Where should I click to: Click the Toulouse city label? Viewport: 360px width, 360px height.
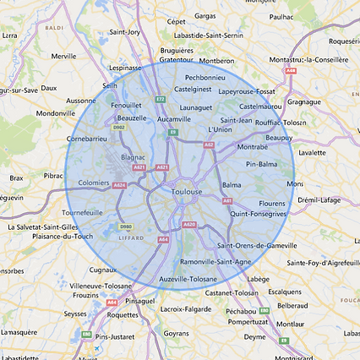[x=187, y=193]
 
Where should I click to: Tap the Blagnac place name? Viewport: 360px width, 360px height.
[x=133, y=156]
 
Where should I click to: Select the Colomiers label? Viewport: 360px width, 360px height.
[x=94, y=182]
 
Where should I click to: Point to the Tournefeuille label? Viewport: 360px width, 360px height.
[x=81, y=212]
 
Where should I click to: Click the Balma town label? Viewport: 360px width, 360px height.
[x=231, y=184]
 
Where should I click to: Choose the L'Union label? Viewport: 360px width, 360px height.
[x=219, y=129]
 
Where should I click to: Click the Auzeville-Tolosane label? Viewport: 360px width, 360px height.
[x=188, y=278]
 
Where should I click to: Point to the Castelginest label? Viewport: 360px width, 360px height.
[x=192, y=88]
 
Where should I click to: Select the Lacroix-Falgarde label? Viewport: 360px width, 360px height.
[x=185, y=309]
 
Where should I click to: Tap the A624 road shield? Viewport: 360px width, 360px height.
[x=119, y=185]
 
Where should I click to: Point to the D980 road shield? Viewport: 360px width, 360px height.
[x=126, y=226]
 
